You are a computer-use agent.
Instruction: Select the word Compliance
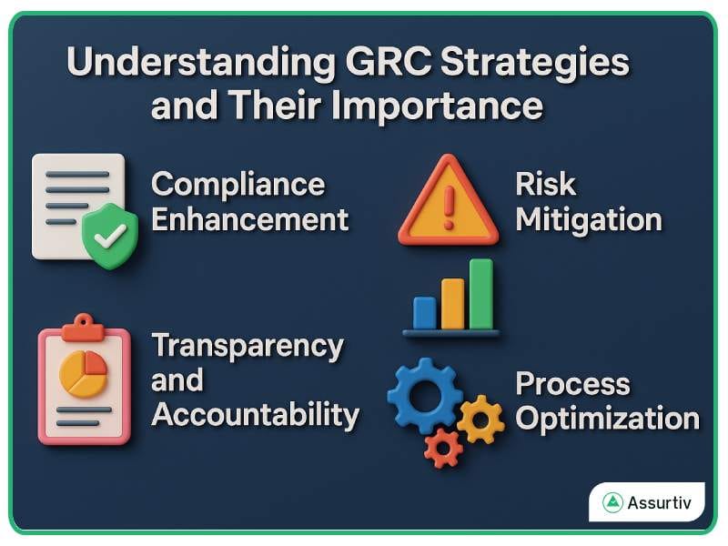tap(238, 184)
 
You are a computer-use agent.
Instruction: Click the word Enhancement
tap(249, 219)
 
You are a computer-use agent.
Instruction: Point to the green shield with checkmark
tap(110, 235)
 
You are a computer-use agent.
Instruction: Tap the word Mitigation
tap(588, 219)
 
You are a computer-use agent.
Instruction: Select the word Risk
tap(546, 184)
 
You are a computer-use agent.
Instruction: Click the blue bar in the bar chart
tap(424, 312)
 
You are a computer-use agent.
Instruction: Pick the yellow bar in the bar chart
tap(452, 303)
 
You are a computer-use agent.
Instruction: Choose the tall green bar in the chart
tap(480, 293)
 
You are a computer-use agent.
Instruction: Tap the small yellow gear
tap(480, 419)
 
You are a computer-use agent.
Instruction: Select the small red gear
tap(443, 447)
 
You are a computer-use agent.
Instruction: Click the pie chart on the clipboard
tap(83, 374)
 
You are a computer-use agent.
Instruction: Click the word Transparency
tap(248, 346)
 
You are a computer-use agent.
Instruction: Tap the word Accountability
tap(255, 414)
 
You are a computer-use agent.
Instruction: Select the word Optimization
tap(607, 419)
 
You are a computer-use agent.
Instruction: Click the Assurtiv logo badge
tap(646, 501)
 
